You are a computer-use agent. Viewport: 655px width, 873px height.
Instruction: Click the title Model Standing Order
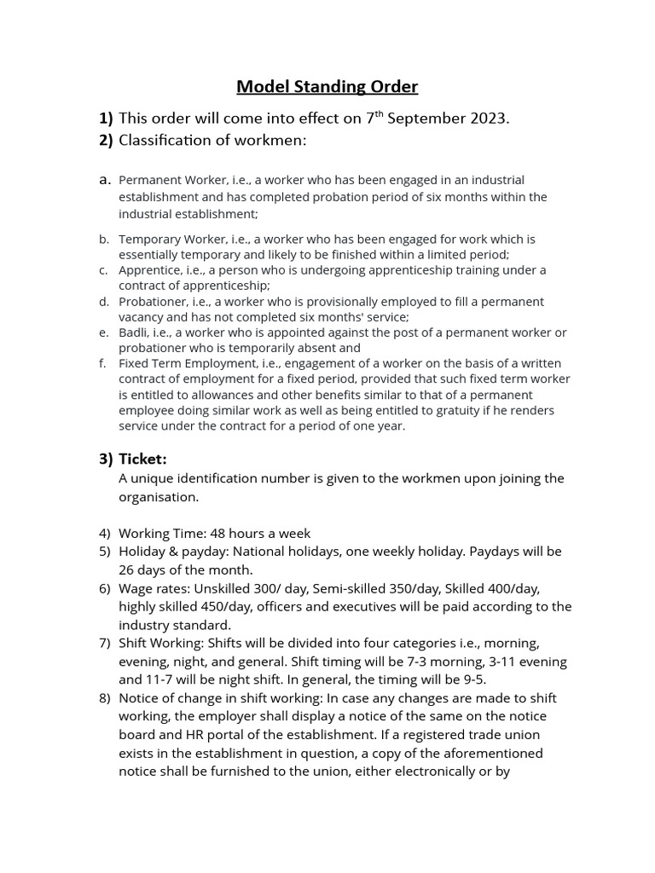pos(327,86)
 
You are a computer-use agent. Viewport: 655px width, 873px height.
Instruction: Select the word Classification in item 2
pos(165,141)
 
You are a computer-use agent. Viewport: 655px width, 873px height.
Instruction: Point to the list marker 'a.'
pos(106,180)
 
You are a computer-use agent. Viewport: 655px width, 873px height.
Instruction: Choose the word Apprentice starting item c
pos(148,270)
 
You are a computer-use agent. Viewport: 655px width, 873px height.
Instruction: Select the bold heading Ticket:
pos(143,459)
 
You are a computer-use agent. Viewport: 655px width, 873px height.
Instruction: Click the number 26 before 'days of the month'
pos(127,569)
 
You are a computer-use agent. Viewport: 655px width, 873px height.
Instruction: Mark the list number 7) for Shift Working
pos(105,643)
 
